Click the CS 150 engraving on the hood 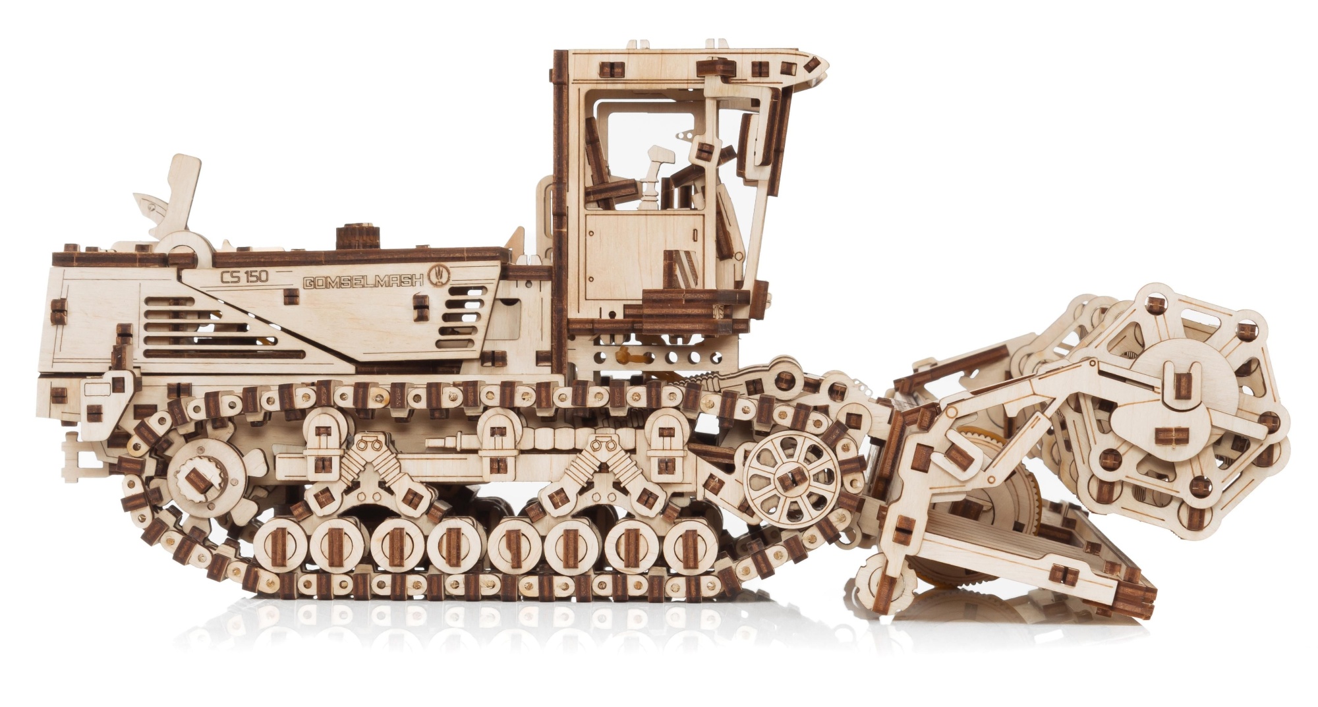point(244,277)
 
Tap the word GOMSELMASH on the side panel point(363,281)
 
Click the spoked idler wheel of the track point(791,479)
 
